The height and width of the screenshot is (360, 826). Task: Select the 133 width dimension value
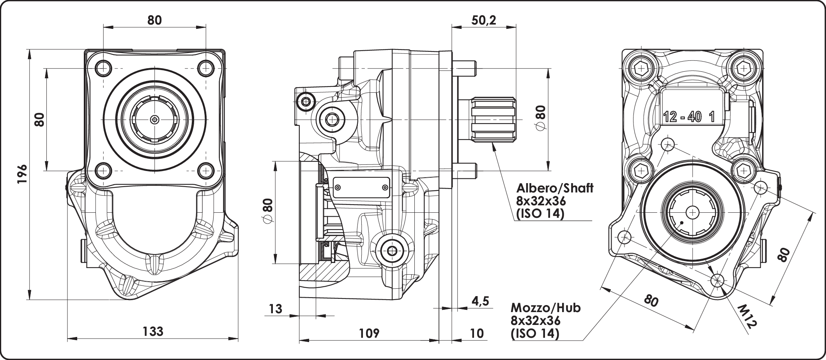click(153, 332)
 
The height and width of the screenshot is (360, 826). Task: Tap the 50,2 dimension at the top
click(483, 20)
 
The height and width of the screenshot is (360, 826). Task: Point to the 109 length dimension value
click(369, 333)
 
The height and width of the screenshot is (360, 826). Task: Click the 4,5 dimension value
click(480, 301)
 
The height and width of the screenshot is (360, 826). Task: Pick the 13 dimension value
click(275, 309)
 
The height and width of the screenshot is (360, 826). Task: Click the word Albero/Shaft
click(555, 188)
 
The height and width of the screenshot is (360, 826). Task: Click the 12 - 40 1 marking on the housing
click(689, 117)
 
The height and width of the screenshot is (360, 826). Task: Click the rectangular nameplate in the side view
click(361, 188)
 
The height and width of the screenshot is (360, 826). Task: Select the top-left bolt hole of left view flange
click(103, 69)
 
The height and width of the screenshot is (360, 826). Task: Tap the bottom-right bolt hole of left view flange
click(205, 170)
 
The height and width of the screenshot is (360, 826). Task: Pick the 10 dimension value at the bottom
click(477, 333)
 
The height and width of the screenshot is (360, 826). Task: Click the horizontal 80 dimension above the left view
click(154, 20)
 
